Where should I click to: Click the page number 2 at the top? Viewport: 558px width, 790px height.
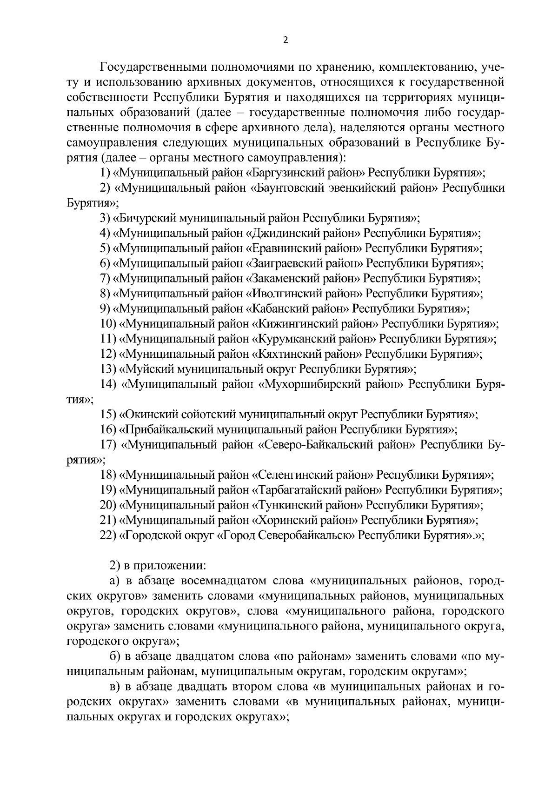(286, 40)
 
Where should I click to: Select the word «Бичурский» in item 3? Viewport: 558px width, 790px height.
(146, 218)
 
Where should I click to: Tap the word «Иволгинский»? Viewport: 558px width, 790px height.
(281, 294)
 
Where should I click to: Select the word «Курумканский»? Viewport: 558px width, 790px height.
(288, 339)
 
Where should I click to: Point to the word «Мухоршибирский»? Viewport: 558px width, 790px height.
(302, 384)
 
